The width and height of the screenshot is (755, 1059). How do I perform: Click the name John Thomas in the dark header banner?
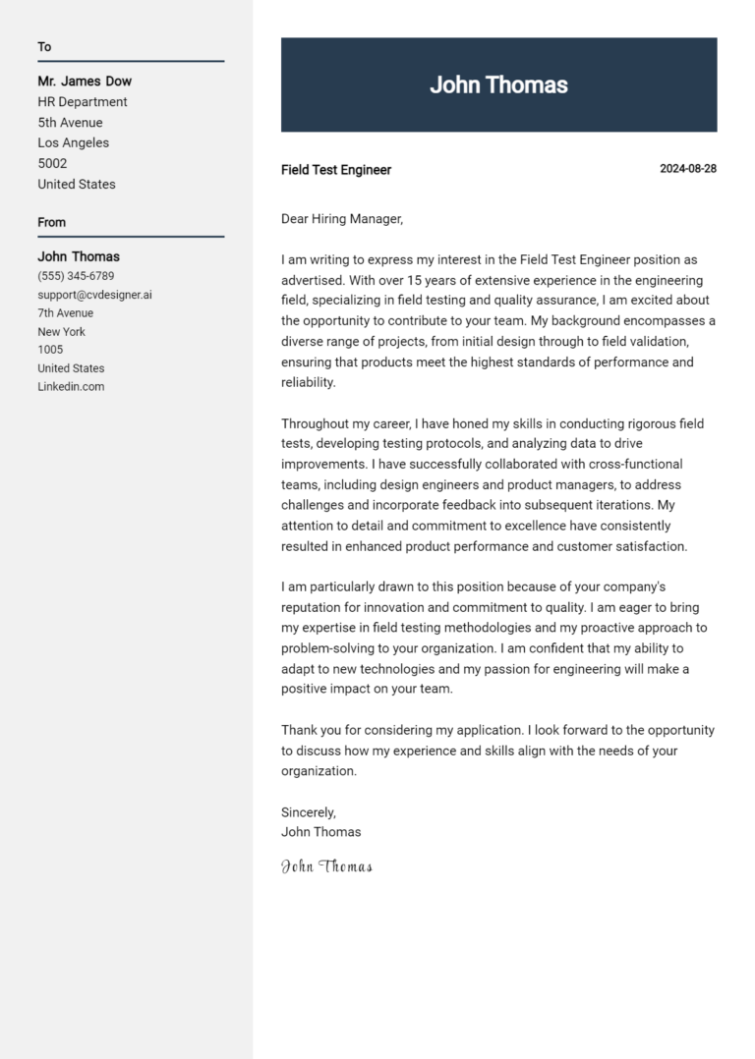(x=498, y=85)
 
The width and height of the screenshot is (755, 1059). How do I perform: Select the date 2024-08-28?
(x=687, y=169)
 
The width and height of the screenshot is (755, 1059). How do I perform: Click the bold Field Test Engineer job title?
(x=336, y=170)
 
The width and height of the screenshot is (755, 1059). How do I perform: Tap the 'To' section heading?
(x=44, y=47)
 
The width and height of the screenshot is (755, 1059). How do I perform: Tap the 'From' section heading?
(x=51, y=222)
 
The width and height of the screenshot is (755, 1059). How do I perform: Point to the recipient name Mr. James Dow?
(x=85, y=82)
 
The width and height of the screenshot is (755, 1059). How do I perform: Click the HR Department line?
(x=83, y=102)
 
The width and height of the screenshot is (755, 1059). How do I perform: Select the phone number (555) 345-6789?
(x=76, y=276)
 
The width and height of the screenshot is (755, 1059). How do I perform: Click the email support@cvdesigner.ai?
(x=94, y=295)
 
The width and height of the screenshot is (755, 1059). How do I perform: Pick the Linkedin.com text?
(x=71, y=387)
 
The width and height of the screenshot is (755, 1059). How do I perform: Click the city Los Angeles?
(x=74, y=143)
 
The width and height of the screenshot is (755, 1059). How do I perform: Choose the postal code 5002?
(x=52, y=164)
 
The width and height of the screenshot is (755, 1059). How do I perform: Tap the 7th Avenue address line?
(x=66, y=313)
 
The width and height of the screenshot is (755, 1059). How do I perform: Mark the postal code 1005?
(x=50, y=350)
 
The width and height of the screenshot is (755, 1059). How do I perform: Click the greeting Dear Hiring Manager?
(x=342, y=219)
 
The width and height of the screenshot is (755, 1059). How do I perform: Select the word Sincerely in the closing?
(x=308, y=812)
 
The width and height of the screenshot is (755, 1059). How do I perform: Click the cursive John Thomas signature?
(x=326, y=866)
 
